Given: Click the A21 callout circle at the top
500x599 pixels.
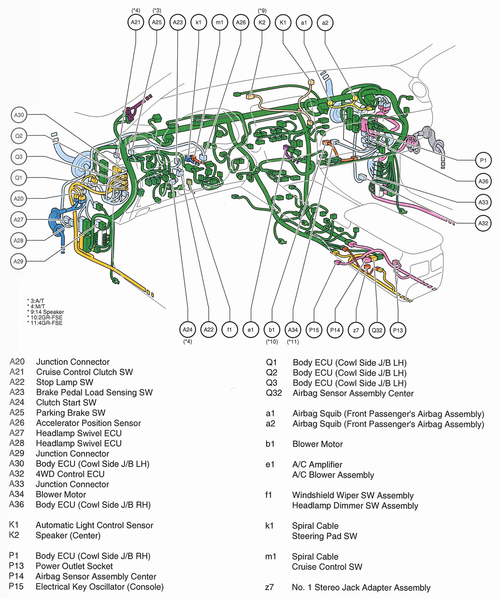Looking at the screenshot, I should click(136, 22).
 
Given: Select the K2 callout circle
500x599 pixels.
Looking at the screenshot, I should click(262, 22).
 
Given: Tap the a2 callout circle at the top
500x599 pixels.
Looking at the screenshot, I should click(325, 22).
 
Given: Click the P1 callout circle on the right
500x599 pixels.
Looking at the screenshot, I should click(483, 160).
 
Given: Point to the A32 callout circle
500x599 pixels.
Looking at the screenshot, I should click(483, 223).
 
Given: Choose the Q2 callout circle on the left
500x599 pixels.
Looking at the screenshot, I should click(18, 136).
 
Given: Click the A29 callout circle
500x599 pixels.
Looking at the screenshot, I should click(18, 261).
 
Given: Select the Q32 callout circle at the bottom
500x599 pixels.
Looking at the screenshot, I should click(377, 330).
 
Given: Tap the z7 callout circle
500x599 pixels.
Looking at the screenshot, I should click(356, 330).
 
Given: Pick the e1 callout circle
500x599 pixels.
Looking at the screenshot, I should click(250, 330).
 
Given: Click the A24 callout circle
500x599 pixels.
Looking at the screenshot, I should click(187, 330).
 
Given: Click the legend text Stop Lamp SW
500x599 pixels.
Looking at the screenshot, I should click(64, 382).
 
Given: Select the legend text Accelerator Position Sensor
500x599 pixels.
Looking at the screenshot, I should click(88, 423).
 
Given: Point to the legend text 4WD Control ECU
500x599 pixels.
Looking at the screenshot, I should click(70, 474).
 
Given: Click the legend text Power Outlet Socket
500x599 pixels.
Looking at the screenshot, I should click(74, 566).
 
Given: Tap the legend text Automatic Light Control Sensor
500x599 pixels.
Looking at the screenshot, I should click(94, 525).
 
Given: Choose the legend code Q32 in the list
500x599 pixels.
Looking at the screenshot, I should click(274, 393).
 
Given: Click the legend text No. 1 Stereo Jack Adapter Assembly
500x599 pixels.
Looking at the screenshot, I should click(361, 587).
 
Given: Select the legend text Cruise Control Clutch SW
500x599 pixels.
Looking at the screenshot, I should click(84, 372).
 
